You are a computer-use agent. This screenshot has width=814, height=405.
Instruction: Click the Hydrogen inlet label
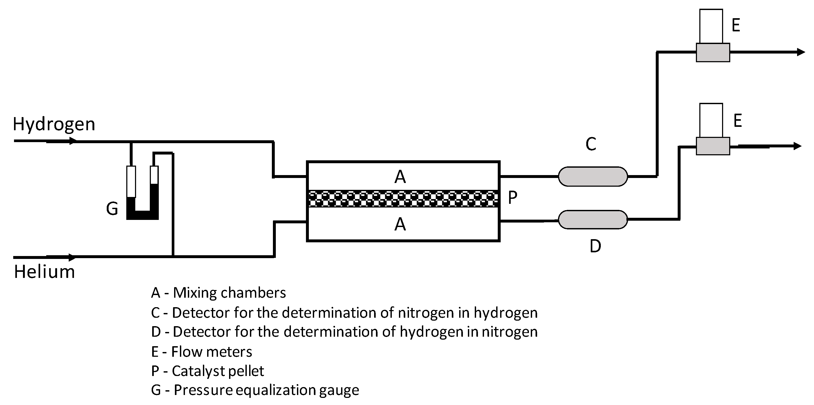[54, 124]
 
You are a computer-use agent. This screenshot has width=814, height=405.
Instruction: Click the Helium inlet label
[44, 272]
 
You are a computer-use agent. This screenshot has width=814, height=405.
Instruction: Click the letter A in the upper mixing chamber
[400, 177]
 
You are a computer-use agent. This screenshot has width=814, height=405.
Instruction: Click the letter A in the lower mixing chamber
[400, 224]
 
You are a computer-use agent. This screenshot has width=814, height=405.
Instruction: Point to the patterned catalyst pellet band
[403, 199]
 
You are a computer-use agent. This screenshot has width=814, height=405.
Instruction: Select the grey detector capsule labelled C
[593, 177]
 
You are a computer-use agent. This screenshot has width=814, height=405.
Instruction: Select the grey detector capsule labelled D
[593, 219]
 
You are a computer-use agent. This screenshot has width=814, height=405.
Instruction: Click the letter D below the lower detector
[595, 246]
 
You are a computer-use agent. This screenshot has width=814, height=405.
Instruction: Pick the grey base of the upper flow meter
[713, 52]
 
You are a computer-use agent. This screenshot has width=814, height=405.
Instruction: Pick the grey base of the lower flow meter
[713, 146]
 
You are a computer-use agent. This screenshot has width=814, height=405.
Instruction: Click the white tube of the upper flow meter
[711, 26]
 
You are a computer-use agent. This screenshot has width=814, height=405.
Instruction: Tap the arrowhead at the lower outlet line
[798, 146]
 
